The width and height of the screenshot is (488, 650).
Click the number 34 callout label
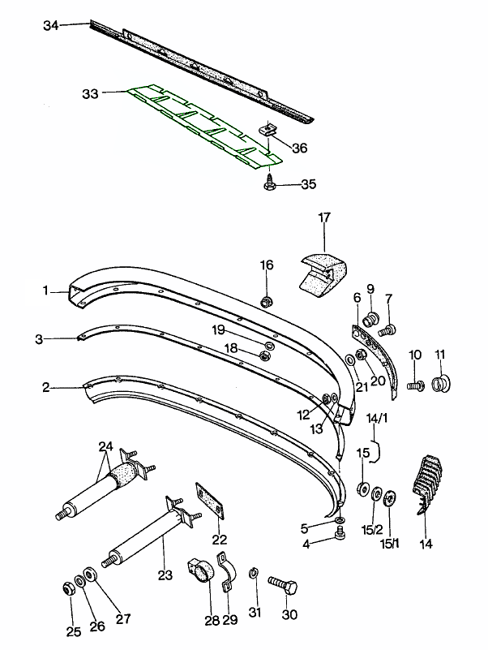51,26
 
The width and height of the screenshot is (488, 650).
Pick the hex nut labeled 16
267,302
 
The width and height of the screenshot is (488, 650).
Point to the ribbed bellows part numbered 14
427,484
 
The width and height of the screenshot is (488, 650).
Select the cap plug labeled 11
443,381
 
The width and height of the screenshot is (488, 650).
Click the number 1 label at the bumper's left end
46,290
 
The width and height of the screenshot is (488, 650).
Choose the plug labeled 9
373,317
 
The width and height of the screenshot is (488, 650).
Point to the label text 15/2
371,530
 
